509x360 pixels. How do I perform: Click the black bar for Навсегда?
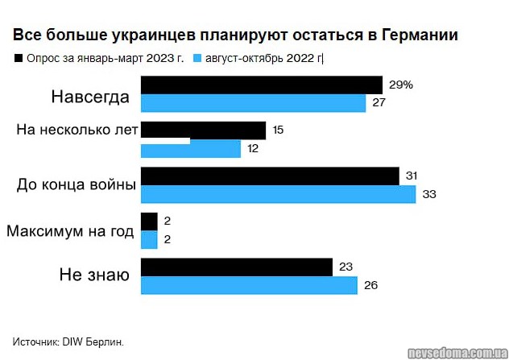click(x=261, y=85)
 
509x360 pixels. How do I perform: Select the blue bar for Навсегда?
click(x=253, y=103)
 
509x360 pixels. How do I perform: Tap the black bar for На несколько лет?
click(x=203, y=130)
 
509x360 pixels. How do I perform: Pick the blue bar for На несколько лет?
click(x=191, y=149)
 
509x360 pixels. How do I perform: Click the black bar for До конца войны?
click(x=270, y=176)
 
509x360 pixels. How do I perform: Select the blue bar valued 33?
click(x=278, y=194)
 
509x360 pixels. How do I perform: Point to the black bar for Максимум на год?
click(x=149, y=221)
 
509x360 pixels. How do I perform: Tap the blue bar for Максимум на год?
click(x=149, y=239)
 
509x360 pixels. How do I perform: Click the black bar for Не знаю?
click(x=237, y=267)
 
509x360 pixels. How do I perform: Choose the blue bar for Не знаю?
click(x=249, y=285)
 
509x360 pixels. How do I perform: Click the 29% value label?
click(x=400, y=85)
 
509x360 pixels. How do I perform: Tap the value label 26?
click(x=370, y=285)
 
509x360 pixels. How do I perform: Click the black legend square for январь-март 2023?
click(x=18, y=59)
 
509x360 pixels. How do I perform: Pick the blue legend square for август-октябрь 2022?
click(x=198, y=59)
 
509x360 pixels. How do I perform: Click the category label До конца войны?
click(x=76, y=185)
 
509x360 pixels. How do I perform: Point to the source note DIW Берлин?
click(x=68, y=342)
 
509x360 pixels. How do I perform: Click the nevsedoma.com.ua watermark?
click(x=455, y=352)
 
